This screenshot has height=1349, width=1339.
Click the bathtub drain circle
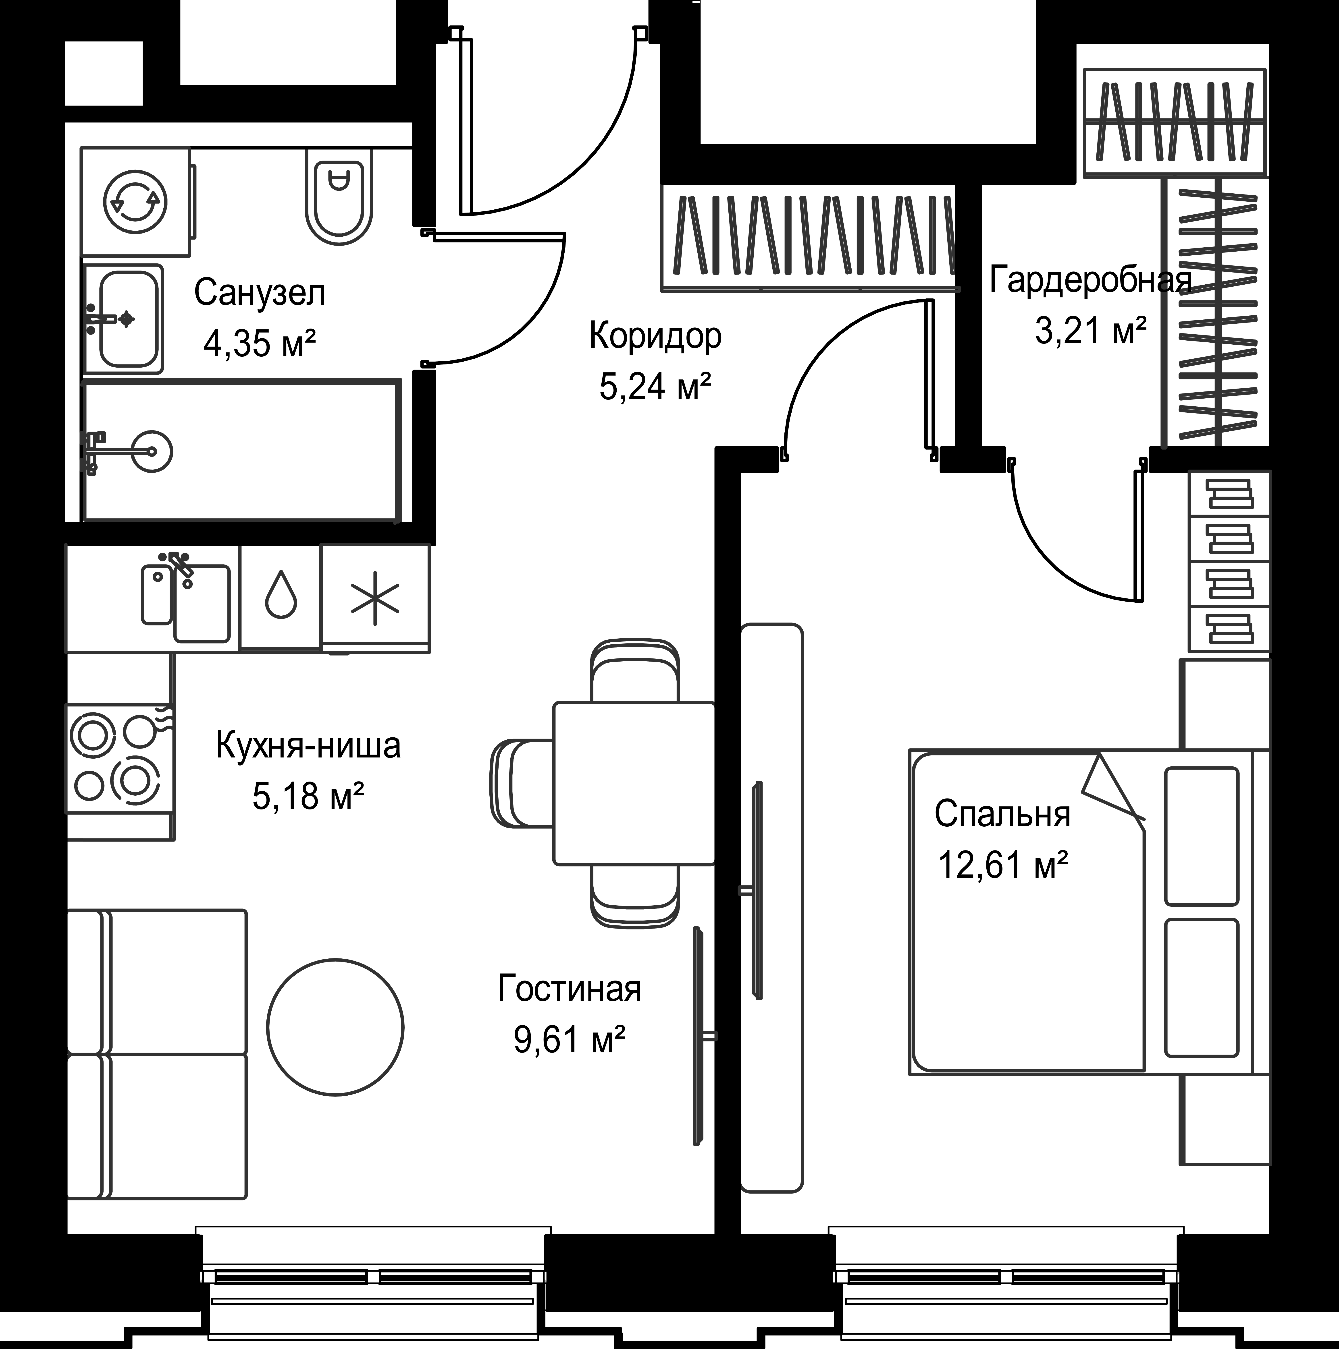click(151, 450)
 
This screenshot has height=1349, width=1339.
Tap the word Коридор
click(655, 336)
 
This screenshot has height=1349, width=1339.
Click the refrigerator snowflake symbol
click(375, 598)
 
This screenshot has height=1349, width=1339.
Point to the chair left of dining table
click(522, 783)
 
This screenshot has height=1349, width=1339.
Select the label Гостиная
click(569, 989)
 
